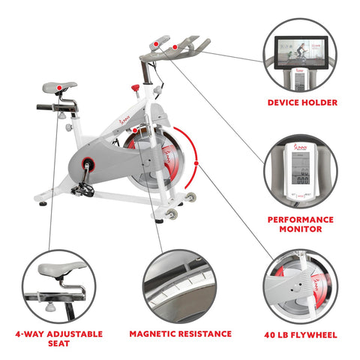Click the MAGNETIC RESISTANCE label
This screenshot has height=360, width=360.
(179, 334)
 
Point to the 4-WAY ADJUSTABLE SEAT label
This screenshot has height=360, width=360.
(58, 339)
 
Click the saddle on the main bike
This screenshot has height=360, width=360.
(60, 86)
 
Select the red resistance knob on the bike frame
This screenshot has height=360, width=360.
(136, 88)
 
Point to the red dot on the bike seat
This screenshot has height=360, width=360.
(57, 88)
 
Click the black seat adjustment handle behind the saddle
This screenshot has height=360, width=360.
(46, 106)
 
